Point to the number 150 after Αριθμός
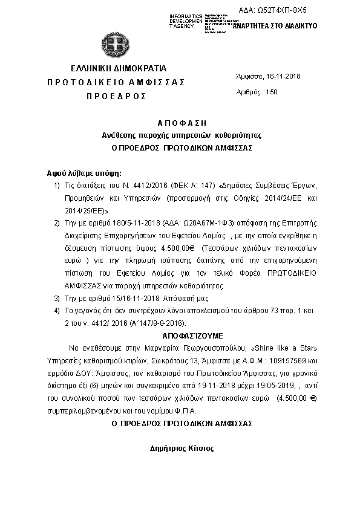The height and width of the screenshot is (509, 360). pos(271,92)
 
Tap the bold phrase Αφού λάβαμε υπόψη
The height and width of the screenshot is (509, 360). pos(79,172)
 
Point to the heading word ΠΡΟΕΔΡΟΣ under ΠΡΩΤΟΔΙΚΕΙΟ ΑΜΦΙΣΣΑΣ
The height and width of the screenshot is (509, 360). pos(116,96)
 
